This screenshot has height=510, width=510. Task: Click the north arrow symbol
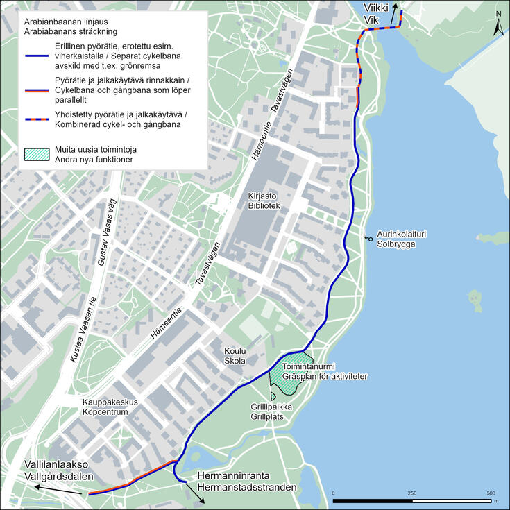(498, 24)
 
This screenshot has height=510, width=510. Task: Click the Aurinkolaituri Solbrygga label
(401, 239)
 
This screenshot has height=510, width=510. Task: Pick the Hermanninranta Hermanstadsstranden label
(247, 482)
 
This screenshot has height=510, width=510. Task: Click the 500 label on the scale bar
(491, 493)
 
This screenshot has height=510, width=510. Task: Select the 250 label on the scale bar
(412, 493)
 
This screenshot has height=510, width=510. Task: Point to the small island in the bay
(475, 299)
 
